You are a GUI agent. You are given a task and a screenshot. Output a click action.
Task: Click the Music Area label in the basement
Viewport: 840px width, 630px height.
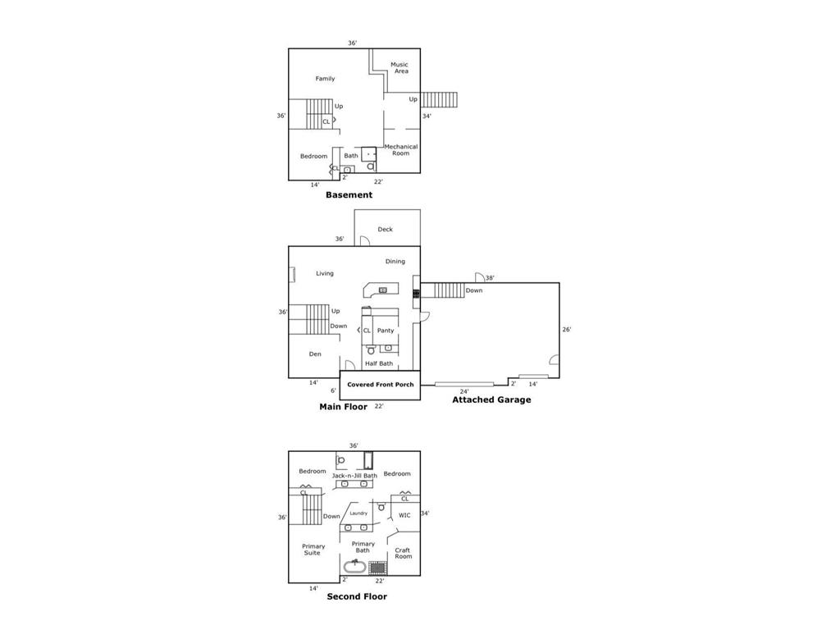click(399, 68)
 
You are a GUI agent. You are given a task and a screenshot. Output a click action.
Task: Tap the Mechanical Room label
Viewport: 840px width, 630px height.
click(401, 150)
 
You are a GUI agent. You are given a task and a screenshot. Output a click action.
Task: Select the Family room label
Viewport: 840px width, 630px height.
click(326, 79)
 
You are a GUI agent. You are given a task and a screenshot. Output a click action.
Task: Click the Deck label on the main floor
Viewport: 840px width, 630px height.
click(385, 230)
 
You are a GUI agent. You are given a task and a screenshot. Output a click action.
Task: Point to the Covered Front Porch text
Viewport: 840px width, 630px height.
click(380, 384)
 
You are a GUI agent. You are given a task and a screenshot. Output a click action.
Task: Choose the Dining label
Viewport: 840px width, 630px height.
click(395, 262)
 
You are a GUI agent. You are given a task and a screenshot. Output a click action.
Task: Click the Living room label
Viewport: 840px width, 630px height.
click(325, 273)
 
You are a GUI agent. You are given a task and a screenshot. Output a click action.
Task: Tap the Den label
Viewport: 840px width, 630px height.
click(315, 354)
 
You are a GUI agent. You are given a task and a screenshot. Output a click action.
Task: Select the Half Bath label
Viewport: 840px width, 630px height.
click(379, 363)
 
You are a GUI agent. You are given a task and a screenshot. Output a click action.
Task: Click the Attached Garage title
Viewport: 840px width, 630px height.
click(491, 400)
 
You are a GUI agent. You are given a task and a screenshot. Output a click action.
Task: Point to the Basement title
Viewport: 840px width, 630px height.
click(349, 195)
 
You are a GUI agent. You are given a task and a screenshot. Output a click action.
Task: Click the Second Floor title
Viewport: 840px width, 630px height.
click(357, 596)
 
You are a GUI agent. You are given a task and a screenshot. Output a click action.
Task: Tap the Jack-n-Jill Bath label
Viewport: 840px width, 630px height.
click(354, 476)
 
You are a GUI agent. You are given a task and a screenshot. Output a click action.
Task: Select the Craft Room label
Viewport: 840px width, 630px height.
click(403, 554)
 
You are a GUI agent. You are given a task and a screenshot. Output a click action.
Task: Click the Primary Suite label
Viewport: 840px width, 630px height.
click(313, 550)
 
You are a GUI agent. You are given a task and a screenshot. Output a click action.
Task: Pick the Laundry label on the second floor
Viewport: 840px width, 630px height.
click(358, 514)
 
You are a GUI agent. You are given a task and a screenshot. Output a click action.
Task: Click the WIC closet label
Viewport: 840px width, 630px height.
click(404, 515)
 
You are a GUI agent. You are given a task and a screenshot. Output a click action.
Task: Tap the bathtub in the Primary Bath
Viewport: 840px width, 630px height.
click(355, 566)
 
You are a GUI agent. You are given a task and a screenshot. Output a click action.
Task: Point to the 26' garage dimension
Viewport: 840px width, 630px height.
click(567, 330)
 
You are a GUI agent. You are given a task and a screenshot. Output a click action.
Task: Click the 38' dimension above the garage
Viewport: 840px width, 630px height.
click(490, 278)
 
